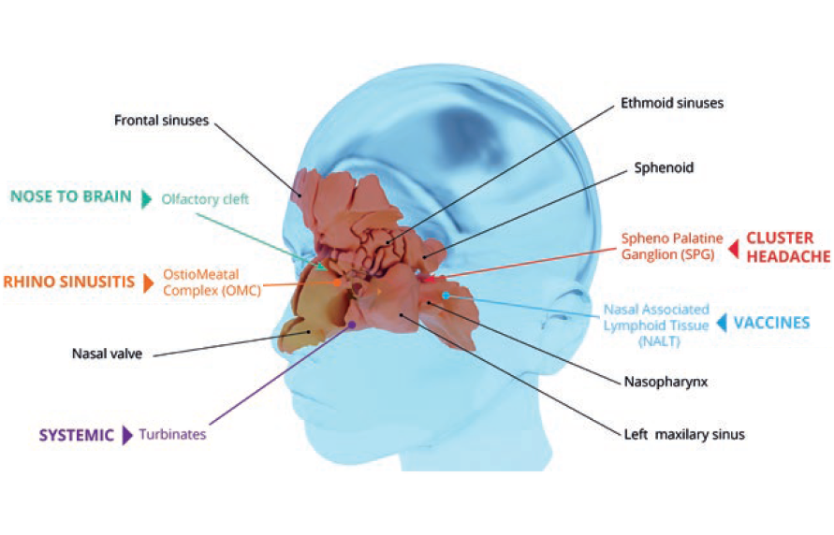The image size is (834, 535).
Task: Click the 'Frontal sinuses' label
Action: (161, 120)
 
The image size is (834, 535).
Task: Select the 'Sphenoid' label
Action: (659, 168)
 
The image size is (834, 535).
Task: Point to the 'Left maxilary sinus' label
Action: (684, 434)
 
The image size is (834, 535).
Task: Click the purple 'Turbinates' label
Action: (172, 434)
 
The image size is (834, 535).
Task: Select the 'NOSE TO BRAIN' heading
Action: (72, 196)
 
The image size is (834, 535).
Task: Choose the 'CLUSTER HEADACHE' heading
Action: (780, 246)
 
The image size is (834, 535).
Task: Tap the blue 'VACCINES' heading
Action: (771, 323)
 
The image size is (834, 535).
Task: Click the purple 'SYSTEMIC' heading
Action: (76, 434)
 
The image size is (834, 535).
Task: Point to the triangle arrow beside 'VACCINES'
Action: (722, 323)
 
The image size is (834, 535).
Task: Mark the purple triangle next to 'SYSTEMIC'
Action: (127, 435)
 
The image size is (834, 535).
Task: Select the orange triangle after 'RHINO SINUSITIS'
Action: (147, 282)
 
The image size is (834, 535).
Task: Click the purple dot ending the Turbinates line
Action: (351, 325)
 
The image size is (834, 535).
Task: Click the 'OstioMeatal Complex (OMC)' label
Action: (201, 281)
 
